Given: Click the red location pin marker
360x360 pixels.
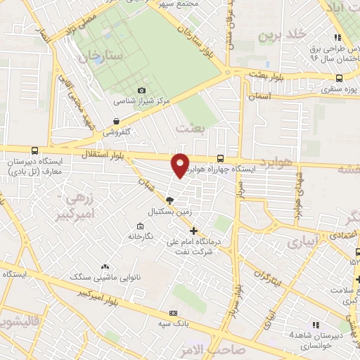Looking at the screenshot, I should click(x=181, y=166).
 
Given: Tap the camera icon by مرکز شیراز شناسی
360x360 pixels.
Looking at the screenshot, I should click(x=143, y=90).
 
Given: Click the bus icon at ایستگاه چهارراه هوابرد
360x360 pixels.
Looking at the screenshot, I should click(x=221, y=158).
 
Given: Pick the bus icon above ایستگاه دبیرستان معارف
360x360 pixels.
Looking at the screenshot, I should click(x=35, y=150).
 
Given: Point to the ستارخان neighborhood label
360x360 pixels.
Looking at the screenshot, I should click(x=102, y=54).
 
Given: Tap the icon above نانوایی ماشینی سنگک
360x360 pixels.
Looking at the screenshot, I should click(x=105, y=266).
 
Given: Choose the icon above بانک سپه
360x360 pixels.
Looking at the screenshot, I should click(x=169, y=313).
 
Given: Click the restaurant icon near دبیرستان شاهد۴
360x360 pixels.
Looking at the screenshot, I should click(x=316, y=324).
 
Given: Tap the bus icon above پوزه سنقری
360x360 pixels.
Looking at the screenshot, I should click(x=340, y=79).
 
